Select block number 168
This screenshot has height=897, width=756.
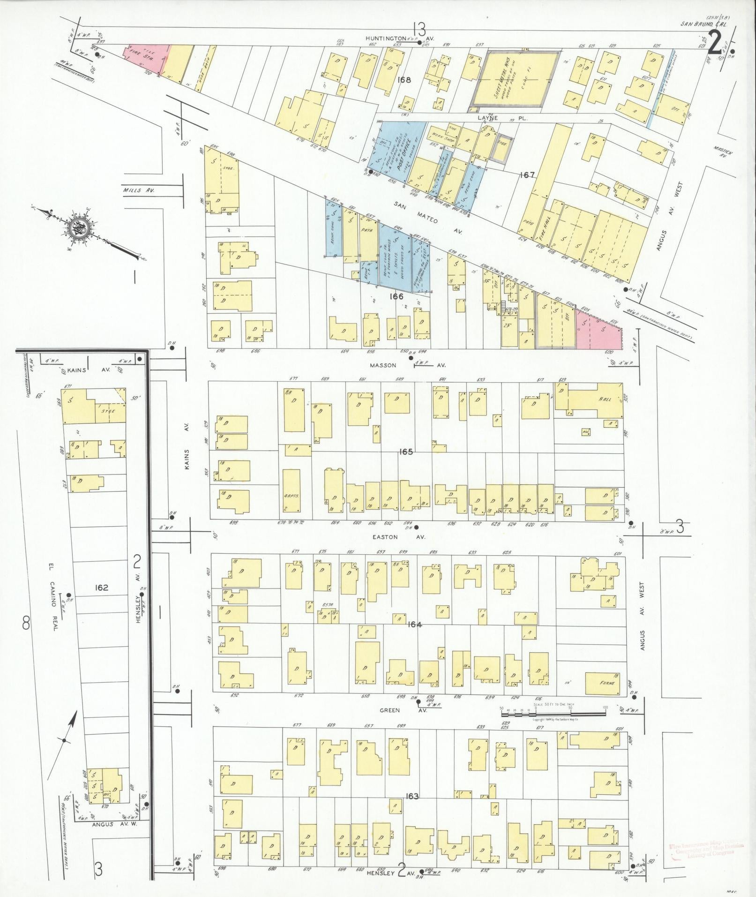(x=404, y=80)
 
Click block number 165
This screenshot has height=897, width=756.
(x=406, y=452)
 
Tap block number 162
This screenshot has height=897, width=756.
(x=101, y=588)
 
